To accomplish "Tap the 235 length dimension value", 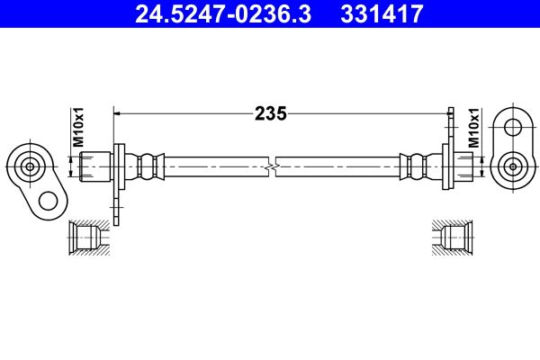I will coord(270,113).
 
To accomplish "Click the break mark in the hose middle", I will coord(271,166).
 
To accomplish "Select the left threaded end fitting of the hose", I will coord(94,166).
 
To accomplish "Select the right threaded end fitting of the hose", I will coord(462,166).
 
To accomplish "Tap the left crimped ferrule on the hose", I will coord(149,166).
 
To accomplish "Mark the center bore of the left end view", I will coord(30,166).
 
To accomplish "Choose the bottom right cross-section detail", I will coord(454,238).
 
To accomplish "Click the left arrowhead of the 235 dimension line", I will coord(118,113).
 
